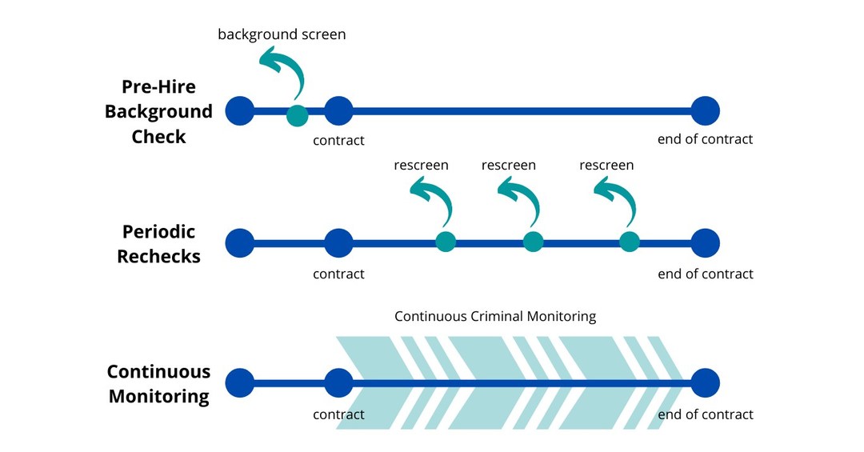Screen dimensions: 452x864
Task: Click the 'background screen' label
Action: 282,34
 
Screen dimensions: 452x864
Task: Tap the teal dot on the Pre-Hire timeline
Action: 297,115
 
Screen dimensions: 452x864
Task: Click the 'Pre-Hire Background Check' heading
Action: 158,111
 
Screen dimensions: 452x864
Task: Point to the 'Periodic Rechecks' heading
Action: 158,243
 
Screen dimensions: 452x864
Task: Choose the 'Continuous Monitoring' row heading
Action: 158,383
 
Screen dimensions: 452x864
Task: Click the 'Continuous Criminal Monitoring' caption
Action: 495,316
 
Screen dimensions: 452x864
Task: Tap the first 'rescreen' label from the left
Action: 421,166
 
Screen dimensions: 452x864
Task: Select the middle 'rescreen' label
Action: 508,166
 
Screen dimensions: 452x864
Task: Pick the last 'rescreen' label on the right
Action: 606,166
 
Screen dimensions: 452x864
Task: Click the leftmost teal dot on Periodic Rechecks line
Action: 446,242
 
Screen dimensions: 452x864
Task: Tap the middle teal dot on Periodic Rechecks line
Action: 533,242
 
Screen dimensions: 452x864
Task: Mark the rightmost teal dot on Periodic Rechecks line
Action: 630,242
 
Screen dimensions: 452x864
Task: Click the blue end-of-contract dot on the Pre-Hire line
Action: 705,110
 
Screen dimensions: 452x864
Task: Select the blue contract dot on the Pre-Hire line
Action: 338,110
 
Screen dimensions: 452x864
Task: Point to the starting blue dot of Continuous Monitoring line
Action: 239,383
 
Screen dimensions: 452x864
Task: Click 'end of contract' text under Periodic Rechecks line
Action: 705,274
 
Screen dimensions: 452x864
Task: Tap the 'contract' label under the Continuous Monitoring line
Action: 338,414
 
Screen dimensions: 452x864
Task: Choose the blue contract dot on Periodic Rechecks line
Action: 338,242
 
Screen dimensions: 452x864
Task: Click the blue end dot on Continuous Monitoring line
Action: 705,383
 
